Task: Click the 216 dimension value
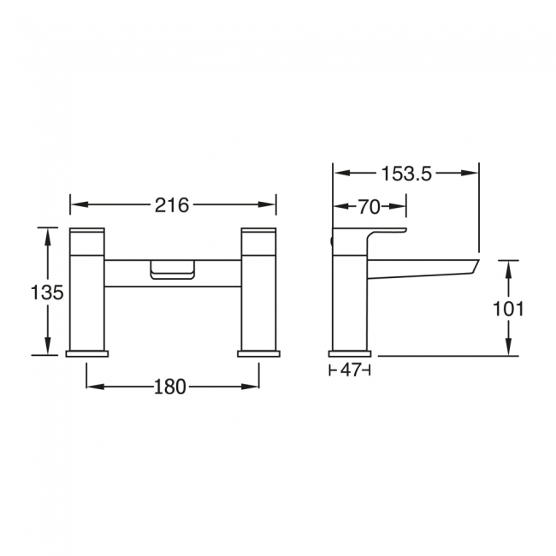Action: coord(172,204)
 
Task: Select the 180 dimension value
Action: coord(171,387)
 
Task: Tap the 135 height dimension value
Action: coord(48,292)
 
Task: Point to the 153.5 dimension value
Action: coord(405,174)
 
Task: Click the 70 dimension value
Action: coord(369,206)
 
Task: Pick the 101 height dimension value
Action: coord(508,309)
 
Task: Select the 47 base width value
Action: coord(350,370)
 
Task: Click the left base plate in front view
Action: coord(87,352)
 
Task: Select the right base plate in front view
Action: coord(258,352)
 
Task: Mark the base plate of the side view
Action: coord(350,352)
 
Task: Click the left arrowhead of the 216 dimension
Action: coord(74,204)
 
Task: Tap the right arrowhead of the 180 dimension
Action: coord(254,387)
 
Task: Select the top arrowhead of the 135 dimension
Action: coord(48,234)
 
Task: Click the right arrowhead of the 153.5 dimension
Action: coord(473,174)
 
